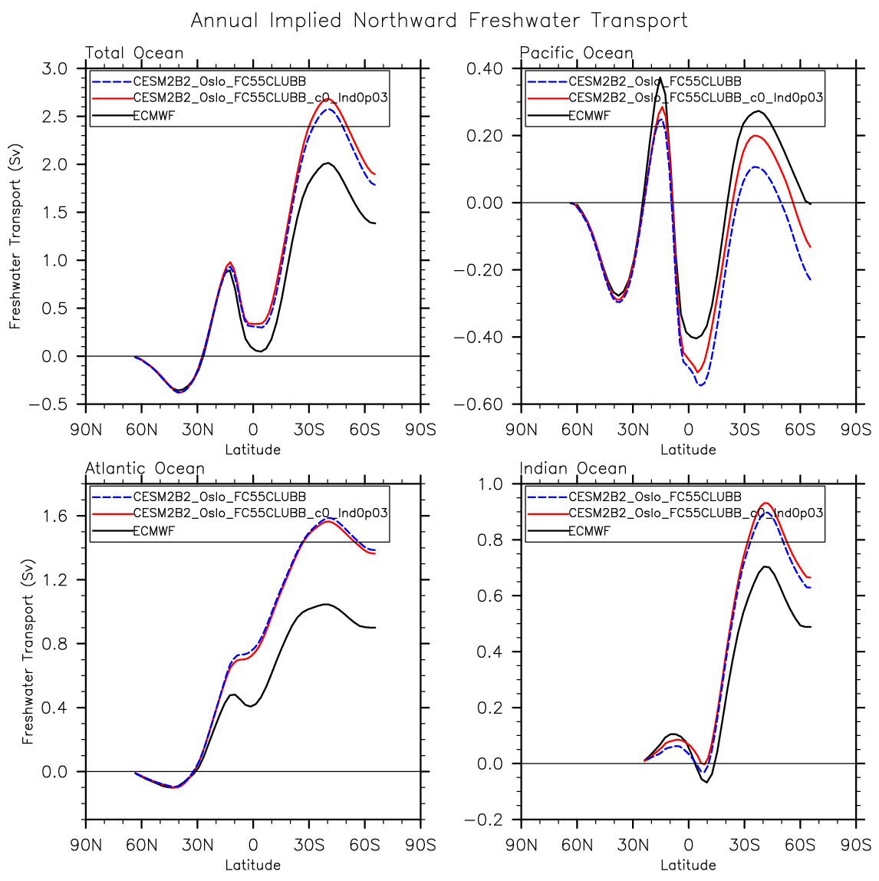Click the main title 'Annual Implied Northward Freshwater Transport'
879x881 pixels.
tap(439, 21)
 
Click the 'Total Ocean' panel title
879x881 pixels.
tap(134, 53)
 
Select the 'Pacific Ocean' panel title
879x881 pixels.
tap(577, 53)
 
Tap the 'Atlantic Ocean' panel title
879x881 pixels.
tap(145, 468)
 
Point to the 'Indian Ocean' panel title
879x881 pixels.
tap(574, 468)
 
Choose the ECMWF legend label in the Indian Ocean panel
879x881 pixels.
tap(589, 530)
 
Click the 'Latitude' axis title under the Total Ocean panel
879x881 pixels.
tap(253, 450)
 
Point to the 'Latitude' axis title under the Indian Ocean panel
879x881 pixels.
tap(688, 865)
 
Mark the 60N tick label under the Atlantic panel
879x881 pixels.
tap(142, 845)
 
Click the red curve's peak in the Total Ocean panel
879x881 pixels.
tap(327, 99)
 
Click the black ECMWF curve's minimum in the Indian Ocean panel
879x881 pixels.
tap(706, 781)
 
